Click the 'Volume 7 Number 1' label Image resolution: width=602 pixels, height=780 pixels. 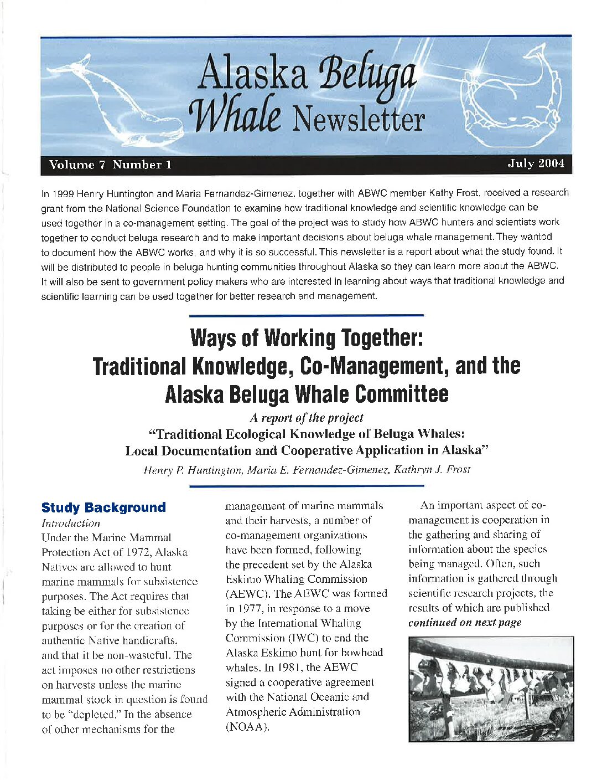[110, 165]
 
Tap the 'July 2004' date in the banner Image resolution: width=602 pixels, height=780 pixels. [536, 163]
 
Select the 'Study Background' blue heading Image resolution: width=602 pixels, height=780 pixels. [103, 507]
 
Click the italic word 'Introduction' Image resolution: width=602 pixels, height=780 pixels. [71, 523]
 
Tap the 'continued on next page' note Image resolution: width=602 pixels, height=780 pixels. [465, 622]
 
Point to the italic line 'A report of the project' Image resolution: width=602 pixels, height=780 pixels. [306, 418]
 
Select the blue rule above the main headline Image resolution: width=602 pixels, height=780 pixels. [306, 315]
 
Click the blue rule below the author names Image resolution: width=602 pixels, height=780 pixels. [306, 486]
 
